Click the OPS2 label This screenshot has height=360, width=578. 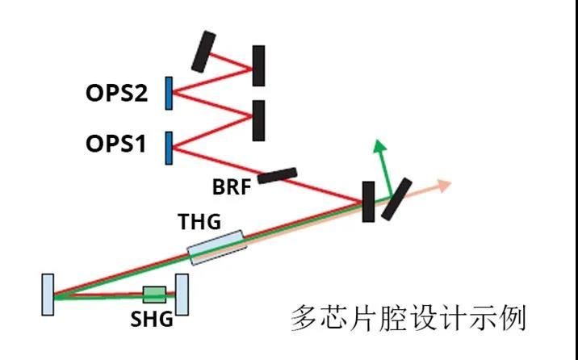click(x=116, y=94)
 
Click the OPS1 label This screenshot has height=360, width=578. click(x=115, y=144)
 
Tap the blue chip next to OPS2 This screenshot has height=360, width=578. click(x=169, y=93)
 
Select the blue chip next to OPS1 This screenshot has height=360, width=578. click(x=169, y=149)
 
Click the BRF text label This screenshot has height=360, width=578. click(x=232, y=186)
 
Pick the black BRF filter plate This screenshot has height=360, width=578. click(x=277, y=175)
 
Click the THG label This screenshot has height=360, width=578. click(x=199, y=221)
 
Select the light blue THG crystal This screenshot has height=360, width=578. click(x=216, y=247)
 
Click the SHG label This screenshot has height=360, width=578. click(x=152, y=319)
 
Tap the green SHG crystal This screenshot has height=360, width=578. click(x=154, y=295)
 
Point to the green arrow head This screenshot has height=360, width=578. click(x=379, y=146)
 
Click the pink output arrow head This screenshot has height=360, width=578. click(x=444, y=186)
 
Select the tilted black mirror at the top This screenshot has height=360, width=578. click(x=203, y=52)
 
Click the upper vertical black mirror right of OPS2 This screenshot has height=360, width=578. click(x=258, y=66)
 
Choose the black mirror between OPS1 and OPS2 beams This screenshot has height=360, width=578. click(x=258, y=120)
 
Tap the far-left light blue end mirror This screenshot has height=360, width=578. click(x=48, y=295)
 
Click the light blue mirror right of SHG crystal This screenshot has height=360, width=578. click(x=182, y=295)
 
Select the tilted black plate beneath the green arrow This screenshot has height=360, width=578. click(x=396, y=199)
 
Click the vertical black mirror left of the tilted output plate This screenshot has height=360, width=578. click(x=369, y=202)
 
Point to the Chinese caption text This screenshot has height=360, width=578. click(x=408, y=318)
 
